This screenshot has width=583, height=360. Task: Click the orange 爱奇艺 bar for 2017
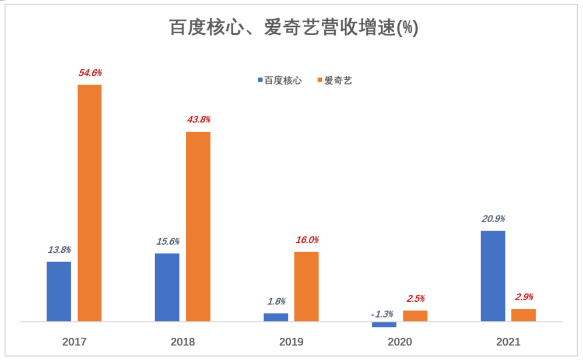click(90, 203)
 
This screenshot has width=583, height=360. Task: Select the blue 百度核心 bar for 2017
click(59, 291)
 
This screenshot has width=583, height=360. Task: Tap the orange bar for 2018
click(198, 226)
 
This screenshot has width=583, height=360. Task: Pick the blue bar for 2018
click(167, 287)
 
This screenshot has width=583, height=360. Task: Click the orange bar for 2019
click(306, 286)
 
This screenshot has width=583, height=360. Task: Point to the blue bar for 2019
click(276, 317)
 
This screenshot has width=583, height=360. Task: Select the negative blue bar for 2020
click(384, 324)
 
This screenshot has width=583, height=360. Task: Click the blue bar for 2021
click(493, 276)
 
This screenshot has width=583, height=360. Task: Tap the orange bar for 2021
click(524, 315)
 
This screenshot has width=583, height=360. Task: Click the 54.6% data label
click(90, 73)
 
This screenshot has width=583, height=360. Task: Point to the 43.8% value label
click(198, 119)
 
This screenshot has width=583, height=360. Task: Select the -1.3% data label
click(382, 314)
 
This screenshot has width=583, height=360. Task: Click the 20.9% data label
click(493, 219)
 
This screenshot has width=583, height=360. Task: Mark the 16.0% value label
click(307, 239)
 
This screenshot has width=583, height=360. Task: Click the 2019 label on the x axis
click(291, 342)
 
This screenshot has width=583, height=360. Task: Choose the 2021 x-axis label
click(508, 342)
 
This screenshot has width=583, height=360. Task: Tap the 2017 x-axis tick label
click(74, 342)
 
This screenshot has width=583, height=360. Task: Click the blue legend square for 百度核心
click(261, 81)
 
